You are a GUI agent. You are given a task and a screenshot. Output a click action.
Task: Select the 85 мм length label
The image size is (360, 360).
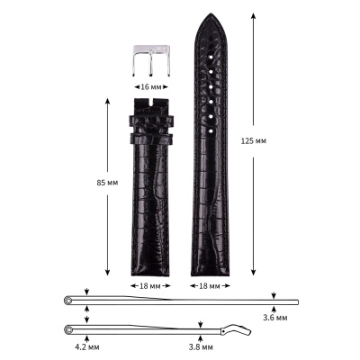(x=106, y=183)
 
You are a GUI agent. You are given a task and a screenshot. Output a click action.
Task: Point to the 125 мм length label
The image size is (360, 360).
(x=266, y=141)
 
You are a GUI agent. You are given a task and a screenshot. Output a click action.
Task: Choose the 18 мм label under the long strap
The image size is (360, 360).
(x=208, y=285)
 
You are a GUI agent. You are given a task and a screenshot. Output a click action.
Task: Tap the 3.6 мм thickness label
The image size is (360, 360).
(x=274, y=318)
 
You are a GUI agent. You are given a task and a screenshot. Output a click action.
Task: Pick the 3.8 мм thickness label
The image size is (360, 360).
(x=202, y=346)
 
